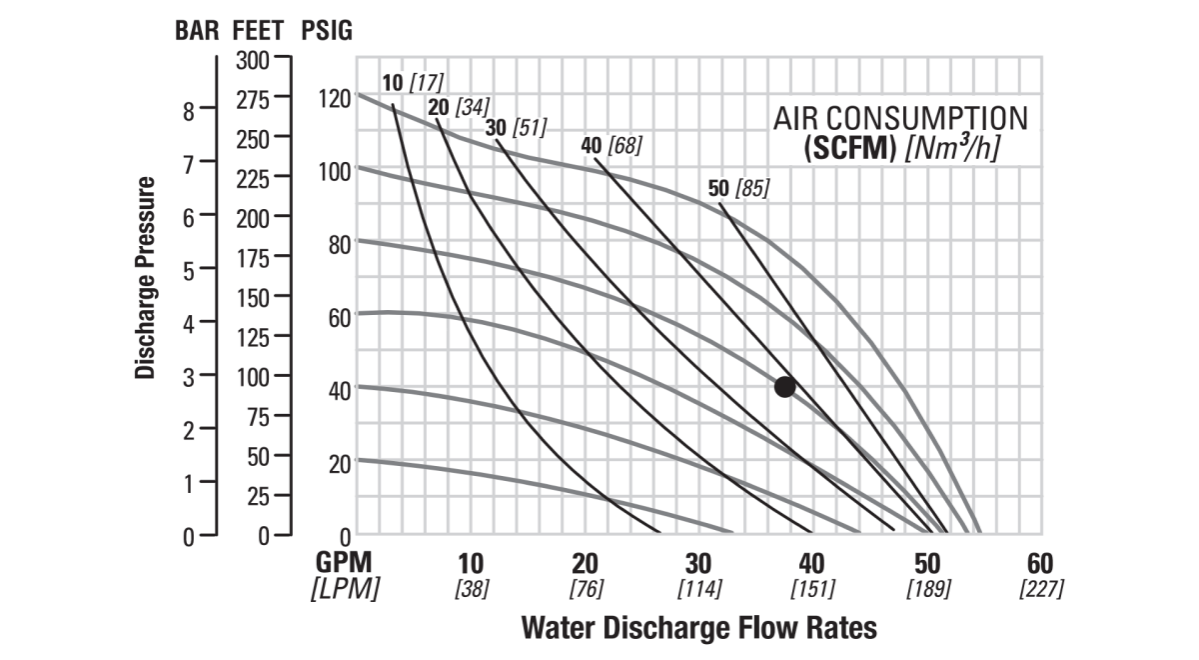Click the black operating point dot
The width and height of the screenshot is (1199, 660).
(784, 386)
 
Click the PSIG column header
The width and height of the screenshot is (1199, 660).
(327, 30)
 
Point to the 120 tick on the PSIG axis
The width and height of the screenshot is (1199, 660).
(334, 98)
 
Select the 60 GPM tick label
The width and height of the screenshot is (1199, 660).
(1040, 562)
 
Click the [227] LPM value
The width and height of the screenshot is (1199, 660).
(1040, 589)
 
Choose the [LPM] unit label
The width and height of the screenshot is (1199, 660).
(346, 589)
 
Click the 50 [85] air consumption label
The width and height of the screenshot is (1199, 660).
(737, 187)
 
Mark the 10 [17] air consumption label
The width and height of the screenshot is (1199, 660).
(413, 81)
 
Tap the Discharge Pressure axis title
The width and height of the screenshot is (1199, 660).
(146, 278)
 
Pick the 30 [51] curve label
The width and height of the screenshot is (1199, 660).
(516, 128)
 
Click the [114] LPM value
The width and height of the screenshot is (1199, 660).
(699, 589)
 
